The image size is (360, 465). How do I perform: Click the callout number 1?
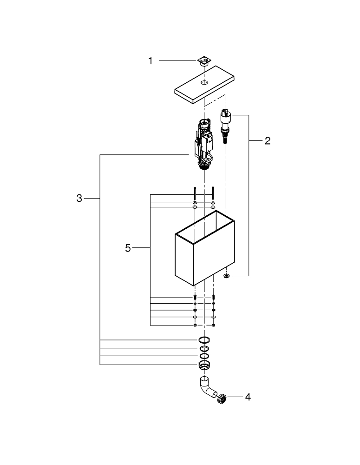tap(150, 61)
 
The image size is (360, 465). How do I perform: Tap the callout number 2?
tap(267, 141)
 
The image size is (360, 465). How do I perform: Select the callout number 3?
tap(79, 199)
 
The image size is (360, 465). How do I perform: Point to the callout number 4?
tap(248, 397)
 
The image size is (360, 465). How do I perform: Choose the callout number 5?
tap(128, 248)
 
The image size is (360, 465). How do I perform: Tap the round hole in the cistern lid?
tap(204, 82)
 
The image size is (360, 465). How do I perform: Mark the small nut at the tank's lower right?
tap(226, 276)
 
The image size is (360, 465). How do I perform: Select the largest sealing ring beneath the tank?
tap(204, 340)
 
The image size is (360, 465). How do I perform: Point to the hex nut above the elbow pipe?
tap(204, 365)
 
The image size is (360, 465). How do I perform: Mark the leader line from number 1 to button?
tap(177, 60)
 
